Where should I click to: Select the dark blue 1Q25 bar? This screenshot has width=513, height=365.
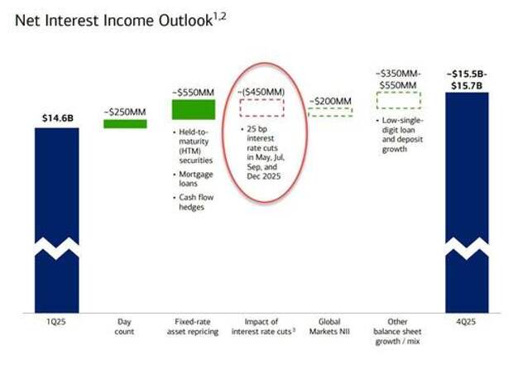pyautogui.click(x=57, y=220)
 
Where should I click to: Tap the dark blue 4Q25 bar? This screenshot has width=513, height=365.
pyautogui.click(x=467, y=203)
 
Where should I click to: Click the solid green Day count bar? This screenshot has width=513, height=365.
pyautogui.click(x=125, y=124)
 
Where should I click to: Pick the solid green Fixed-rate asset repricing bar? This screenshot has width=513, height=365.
pyautogui.click(x=194, y=109)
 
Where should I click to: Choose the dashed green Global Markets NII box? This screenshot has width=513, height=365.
pyautogui.click(x=330, y=112)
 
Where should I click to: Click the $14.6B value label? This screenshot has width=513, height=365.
pyautogui.click(x=58, y=118)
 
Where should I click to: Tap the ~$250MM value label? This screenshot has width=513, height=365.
pyautogui.click(x=125, y=112)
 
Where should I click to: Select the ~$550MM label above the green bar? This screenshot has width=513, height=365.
pyautogui.click(x=194, y=93)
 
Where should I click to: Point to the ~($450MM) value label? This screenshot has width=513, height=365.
pyautogui.click(x=261, y=92)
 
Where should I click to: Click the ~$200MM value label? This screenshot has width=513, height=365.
pyautogui.click(x=330, y=101)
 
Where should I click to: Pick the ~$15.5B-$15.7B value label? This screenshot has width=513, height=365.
pyautogui.click(x=467, y=80)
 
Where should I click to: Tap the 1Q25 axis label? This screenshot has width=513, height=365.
pyautogui.click(x=56, y=322)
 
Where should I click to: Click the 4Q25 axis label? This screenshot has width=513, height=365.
pyautogui.click(x=466, y=322)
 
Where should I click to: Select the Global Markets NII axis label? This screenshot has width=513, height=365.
pyautogui.click(x=329, y=327)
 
